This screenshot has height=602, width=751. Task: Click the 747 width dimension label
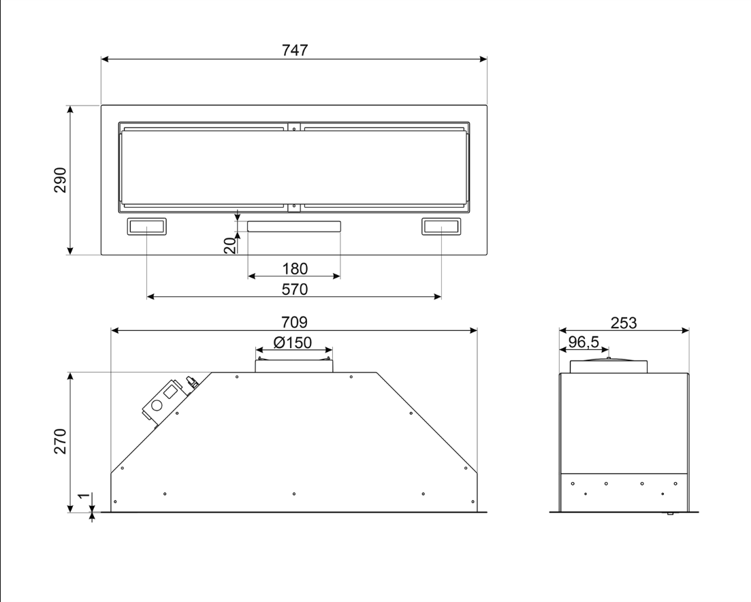(x=295, y=50)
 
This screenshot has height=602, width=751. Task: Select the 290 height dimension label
(x=61, y=180)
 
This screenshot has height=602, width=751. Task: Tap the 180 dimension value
(x=295, y=269)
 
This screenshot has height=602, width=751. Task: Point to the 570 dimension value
(x=295, y=289)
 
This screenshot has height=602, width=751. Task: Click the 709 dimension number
(x=295, y=322)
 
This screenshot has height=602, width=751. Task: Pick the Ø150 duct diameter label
(x=293, y=343)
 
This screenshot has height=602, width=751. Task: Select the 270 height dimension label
(x=61, y=441)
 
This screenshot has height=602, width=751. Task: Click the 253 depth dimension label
(x=624, y=323)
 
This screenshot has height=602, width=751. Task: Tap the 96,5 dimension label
(x=584, y=342)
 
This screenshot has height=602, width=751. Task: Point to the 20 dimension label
(x=230, y=245)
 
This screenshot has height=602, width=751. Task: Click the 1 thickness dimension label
(x=84, y=496)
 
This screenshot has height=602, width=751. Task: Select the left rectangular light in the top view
(x=146, y=227)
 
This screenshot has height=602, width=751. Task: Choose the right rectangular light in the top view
(x=441, y=227)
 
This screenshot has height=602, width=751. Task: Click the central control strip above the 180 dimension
(x=294, y=227)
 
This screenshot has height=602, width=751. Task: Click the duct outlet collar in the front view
(x=294, y=365)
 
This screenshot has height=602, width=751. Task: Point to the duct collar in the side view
(x=609, y=366)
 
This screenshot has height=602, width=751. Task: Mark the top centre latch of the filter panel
(x=294, y=127)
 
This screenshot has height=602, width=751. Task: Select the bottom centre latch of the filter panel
(x=294, y=208)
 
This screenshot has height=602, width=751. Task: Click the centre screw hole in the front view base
(x=294, y=494)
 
